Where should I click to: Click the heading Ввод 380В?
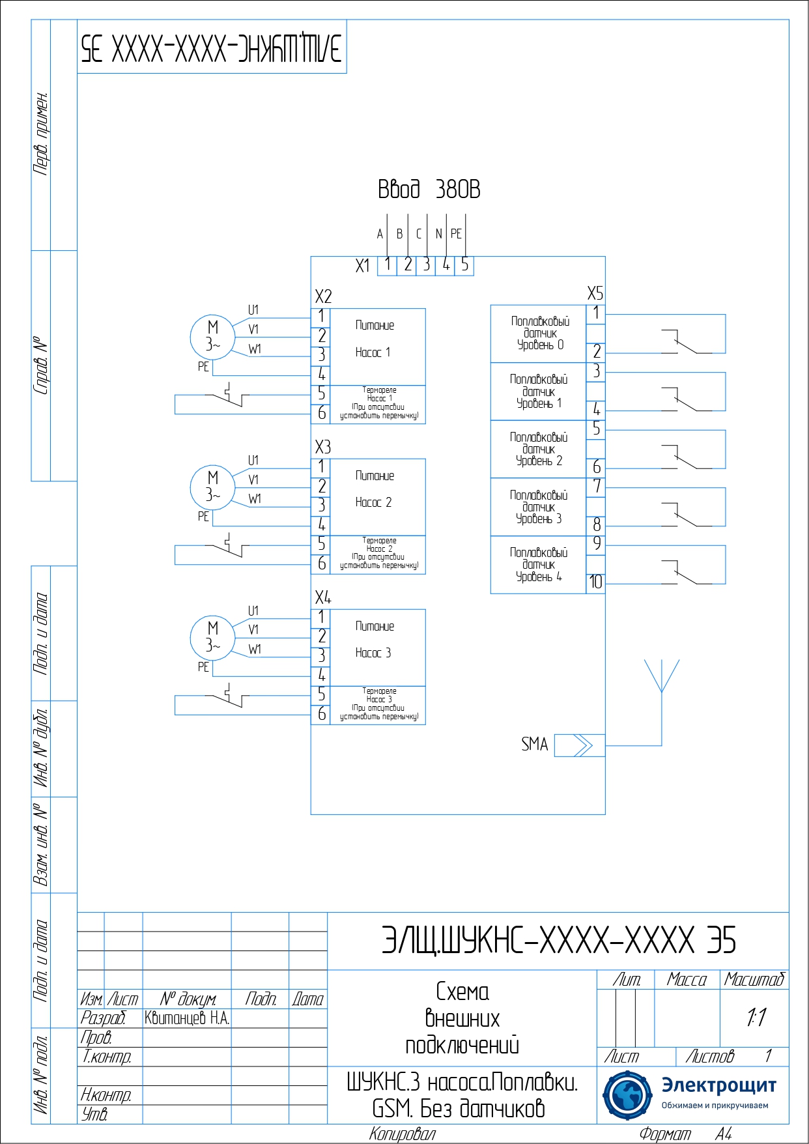pos(429,190)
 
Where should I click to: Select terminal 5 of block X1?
pos(464,265)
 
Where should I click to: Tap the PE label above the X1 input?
pos(456,234)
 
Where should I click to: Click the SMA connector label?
pos(534,744)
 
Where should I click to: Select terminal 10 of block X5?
pos(596,582)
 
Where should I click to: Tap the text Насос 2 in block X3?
pos(373,502)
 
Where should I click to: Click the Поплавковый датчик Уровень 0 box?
pos(539,334)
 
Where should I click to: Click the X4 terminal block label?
pos(323,597)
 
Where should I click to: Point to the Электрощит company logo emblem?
pos(627,1095)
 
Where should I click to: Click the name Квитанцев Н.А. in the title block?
pos(187,1018)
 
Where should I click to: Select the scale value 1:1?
pos(756,1017)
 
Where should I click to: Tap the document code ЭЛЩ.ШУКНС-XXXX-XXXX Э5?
pos(558,940)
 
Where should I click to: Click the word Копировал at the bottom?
pos(402,1134)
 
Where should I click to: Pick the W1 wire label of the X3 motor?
pos(255,499)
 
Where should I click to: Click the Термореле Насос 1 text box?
pos(378,403)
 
